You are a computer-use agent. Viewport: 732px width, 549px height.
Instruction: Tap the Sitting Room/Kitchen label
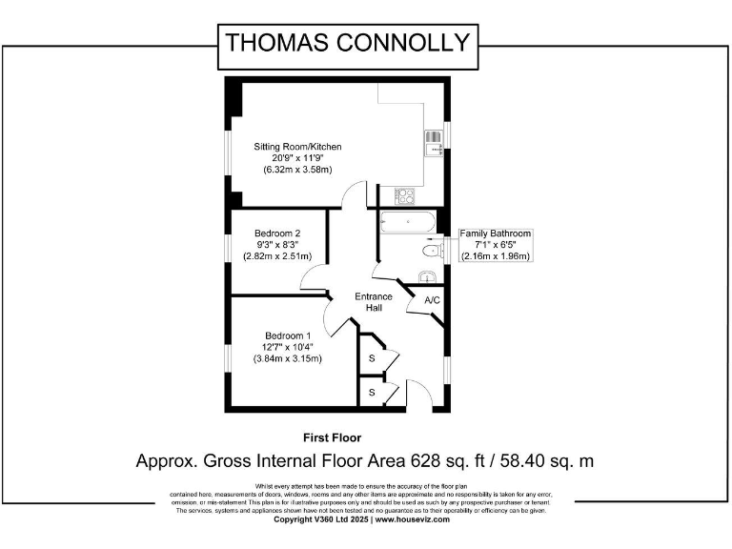point(296,147)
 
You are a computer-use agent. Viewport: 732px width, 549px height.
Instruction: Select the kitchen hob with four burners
point(404,197)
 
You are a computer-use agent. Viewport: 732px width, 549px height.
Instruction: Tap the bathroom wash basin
point(428,276)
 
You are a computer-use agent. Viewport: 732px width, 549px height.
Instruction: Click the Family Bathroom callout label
point(495,234)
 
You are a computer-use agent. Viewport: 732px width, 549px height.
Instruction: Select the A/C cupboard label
point(432,301)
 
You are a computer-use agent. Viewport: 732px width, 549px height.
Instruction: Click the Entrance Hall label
point(374,302)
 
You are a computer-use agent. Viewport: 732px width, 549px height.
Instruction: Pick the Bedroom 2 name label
point(277,234)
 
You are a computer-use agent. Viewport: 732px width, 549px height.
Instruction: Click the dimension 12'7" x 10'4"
point(287,347)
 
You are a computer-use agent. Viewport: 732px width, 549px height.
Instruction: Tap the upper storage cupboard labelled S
point(372,357)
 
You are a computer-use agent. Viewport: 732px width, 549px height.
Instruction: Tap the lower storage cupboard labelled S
point(372,392)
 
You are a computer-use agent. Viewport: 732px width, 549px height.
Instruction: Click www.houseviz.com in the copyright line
point(412,519)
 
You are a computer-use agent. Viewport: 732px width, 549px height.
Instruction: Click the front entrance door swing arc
point(417,391)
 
